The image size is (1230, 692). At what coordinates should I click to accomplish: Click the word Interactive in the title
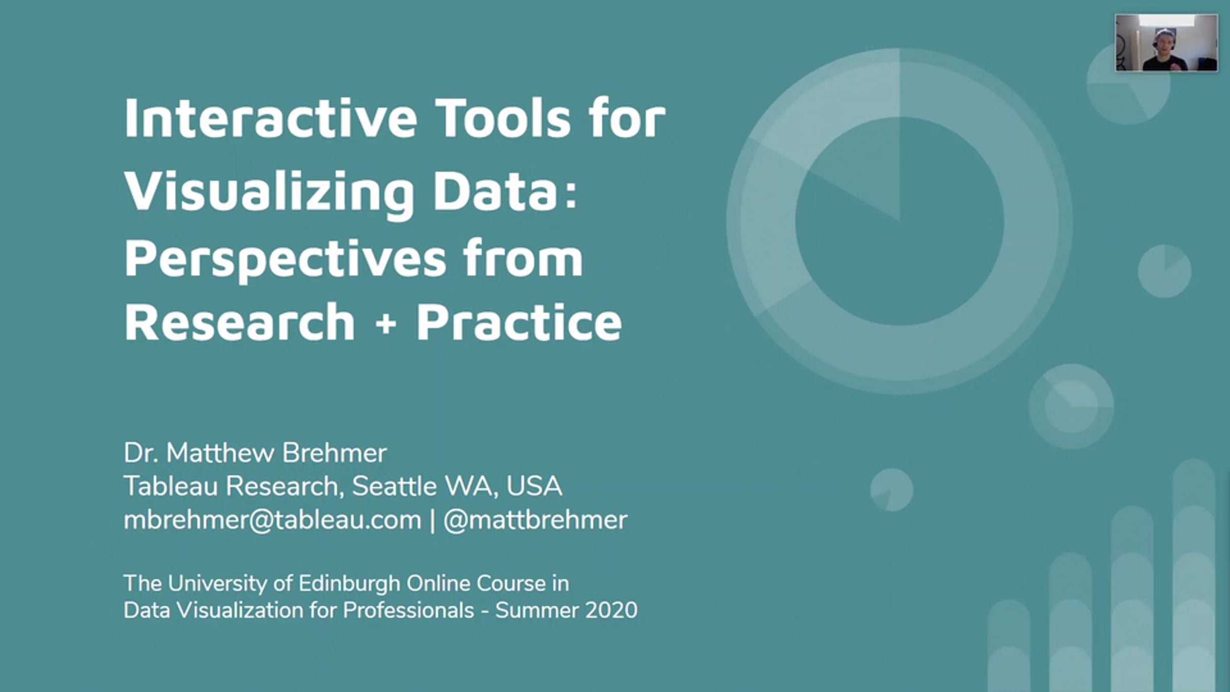tap(271, 118)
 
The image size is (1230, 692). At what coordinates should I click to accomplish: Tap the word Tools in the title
tap(503, 118)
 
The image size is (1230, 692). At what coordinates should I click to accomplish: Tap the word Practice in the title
tap(519, 321)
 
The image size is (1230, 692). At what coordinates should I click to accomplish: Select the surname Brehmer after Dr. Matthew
tap(334, 453)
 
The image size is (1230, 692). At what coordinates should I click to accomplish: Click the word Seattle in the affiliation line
tap(394, 486)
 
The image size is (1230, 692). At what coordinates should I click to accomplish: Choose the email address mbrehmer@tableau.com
tap(273, 520)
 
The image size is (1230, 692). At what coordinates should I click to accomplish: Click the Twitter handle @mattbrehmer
tap(535, 520)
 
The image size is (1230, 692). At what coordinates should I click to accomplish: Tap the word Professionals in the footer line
tap(408, 610)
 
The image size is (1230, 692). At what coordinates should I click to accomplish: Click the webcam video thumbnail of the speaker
tap(1166, 43)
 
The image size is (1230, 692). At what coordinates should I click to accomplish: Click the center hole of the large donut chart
tap(899, 221)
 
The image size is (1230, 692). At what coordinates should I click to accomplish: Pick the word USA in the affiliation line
tap(534, 486)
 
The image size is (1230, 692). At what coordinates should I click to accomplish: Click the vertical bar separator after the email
tap(433, 520)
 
